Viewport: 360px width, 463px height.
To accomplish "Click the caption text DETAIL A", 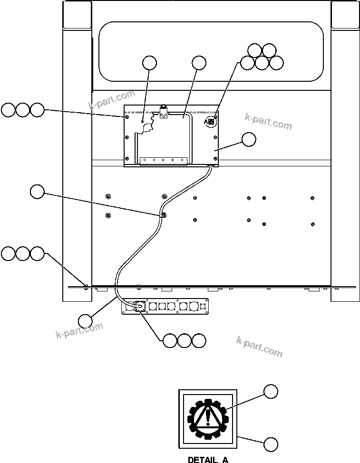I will point(208,459).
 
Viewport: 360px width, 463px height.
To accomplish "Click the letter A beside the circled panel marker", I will point(205,122).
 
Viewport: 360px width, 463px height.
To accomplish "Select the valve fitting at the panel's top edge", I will point(164,113).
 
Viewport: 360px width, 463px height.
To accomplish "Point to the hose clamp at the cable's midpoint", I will point(163,215).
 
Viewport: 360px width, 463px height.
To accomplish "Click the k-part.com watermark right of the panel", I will point(268,122).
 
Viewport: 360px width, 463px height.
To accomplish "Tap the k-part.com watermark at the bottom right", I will point(259,346).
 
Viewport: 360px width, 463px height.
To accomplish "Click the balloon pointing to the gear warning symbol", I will point(271,392).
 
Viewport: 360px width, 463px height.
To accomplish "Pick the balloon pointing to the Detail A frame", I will point(271,444).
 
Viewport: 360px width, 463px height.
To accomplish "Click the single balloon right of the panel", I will point(248,140).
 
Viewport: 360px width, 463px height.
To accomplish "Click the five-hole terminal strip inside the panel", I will point(163,160).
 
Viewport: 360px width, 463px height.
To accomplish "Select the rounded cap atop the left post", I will point(77,15).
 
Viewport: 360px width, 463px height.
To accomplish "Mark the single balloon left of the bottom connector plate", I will point(85,320).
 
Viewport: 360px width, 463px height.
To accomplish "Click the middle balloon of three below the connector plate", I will point(185,340).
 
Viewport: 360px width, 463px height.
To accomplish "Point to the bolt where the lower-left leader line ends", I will point(86,286).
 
